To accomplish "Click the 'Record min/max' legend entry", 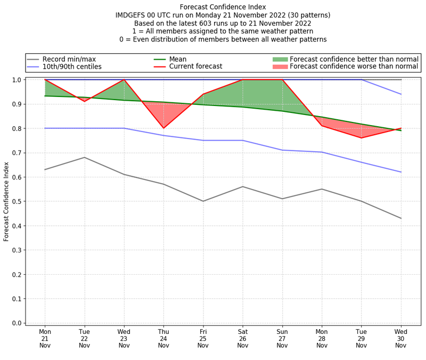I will tap(69, 59).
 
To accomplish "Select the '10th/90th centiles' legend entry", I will tap(72, 67).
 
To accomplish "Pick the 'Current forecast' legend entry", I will tap(195, 67).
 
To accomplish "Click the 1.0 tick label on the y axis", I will tap(17, 80).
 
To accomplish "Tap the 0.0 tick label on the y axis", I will tap(17, 323).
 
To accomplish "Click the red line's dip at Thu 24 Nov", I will tap(163, 128).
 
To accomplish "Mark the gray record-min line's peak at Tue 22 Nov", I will tap(85, 157).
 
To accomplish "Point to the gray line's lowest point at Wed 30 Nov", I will tap(401, 218).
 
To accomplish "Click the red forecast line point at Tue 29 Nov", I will tap(362, 138).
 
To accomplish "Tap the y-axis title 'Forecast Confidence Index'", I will tap(6, 201).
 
